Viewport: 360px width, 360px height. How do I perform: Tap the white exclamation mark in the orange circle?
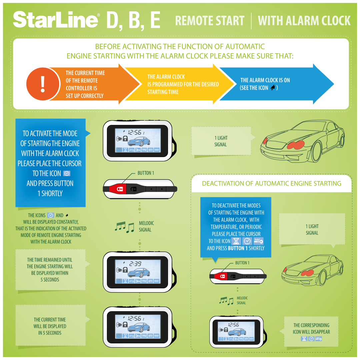pos(43,84)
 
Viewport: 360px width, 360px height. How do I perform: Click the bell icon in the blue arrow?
pos(273,87)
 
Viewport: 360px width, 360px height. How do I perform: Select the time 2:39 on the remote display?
pos(135,264)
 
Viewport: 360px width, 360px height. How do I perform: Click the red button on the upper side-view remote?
pos(120,189)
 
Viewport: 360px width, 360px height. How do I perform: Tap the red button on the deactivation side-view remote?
pos(222,276)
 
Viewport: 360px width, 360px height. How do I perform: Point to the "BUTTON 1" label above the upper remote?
pos(146,173)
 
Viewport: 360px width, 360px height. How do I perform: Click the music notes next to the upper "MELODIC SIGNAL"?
pos(125,227)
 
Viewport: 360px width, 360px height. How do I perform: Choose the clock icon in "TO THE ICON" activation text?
pos(67,173)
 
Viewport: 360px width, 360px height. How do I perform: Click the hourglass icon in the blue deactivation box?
pos(236,241)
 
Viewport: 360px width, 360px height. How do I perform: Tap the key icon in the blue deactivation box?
pos(258,241)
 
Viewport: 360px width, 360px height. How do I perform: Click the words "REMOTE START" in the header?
pos(210,21)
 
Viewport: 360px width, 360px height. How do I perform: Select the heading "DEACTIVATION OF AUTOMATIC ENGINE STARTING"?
pos(272,183)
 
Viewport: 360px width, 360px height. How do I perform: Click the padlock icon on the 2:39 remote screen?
pos(125,269)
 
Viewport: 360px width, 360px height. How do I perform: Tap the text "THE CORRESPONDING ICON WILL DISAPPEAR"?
pos(311,329)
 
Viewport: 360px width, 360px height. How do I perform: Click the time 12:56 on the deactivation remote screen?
pos(233,325)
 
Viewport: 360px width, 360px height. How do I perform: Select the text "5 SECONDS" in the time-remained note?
pos(50,280)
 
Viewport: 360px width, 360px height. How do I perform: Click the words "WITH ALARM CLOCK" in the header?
pos(304,21)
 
